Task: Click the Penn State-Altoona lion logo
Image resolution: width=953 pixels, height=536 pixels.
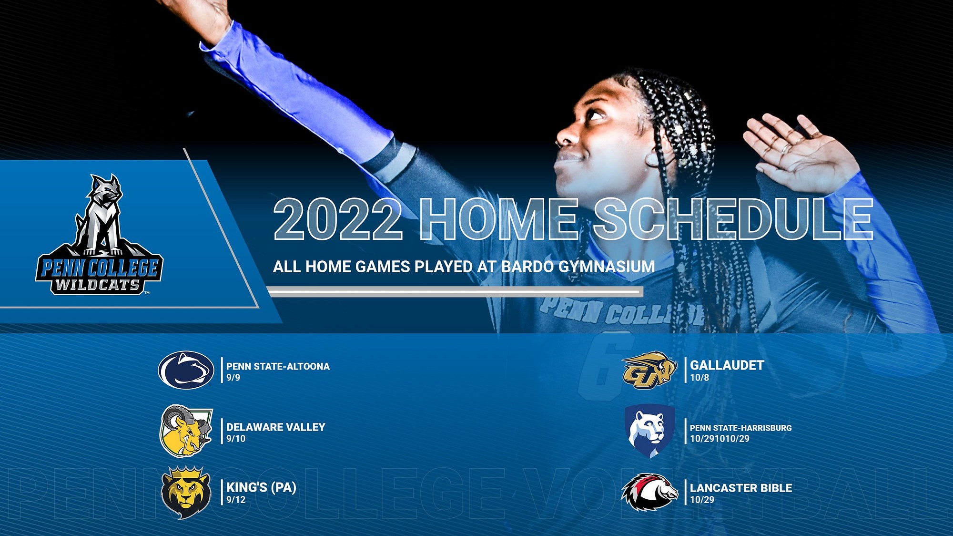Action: tap(186, 370)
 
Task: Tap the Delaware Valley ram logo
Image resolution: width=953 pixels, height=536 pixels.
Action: tap(185, 431)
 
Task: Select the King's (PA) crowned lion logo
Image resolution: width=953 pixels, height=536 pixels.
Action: tap(185, 492)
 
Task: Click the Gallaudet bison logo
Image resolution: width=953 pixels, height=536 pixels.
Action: tap(649, 370)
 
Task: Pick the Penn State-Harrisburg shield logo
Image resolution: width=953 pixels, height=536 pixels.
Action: tap(649, 432)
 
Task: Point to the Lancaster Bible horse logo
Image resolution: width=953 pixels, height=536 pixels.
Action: tap(649, 492)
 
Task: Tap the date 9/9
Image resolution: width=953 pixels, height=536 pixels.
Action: tap(233, 378)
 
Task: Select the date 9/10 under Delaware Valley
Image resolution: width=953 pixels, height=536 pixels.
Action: tap(236, 439)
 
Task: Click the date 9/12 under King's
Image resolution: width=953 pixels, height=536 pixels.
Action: tap(236, 500)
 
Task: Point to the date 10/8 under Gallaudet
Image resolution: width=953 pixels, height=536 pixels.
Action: tap(700, 378)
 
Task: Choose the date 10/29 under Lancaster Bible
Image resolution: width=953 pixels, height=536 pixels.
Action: tap(702, 500)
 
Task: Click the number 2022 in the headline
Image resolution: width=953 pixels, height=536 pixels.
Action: tap(338, 219)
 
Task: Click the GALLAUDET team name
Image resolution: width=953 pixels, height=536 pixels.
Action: tap(727, 365)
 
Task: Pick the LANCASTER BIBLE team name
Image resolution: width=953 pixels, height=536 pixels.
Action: tap(741, 488)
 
